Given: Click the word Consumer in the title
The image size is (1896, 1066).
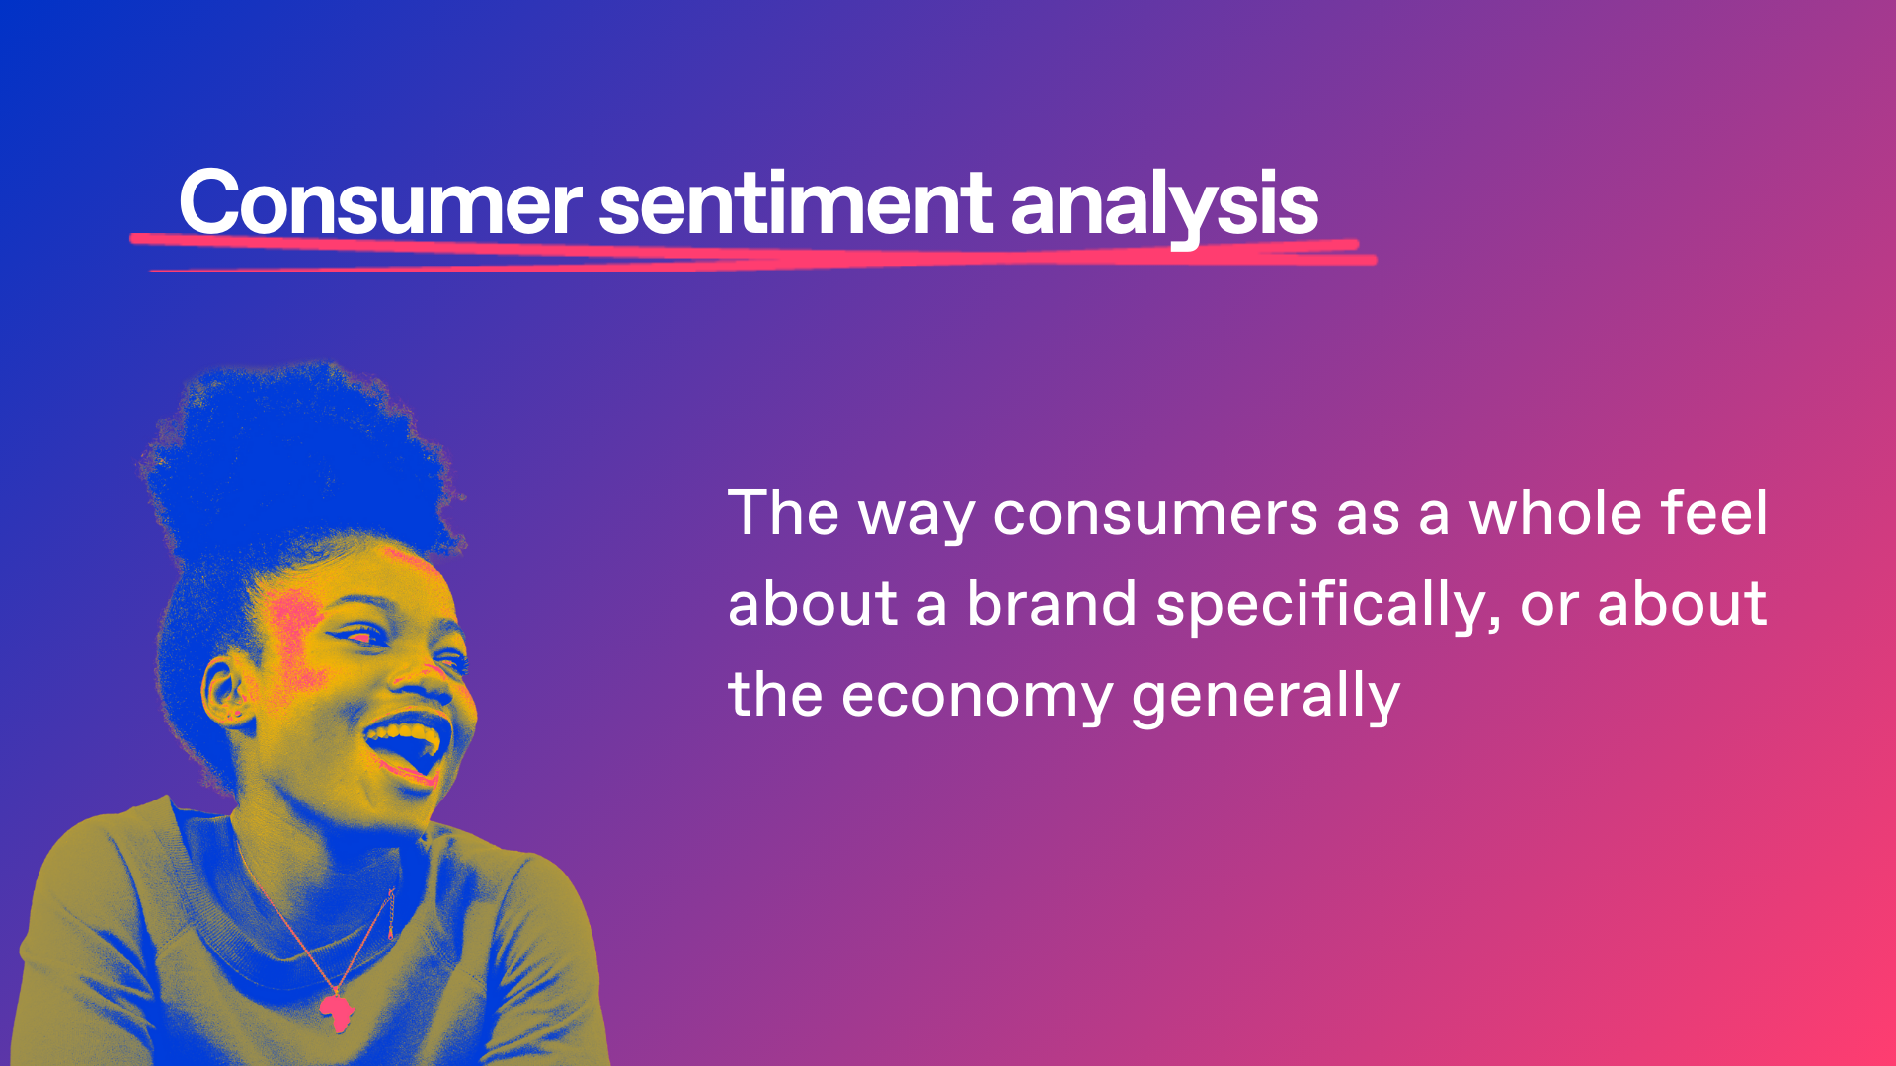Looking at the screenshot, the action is pos(380,203).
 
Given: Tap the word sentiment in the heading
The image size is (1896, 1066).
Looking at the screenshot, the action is pos(796,203).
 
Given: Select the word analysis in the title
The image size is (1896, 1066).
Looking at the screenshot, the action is pos(1164,207).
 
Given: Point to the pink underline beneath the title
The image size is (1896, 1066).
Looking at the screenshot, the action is pos(753,254).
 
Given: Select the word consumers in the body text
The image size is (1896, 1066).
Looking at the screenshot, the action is pos(1155,515).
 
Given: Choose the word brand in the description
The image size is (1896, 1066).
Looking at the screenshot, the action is pos(1052,603).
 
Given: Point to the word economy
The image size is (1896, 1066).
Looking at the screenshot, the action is pos(978,699).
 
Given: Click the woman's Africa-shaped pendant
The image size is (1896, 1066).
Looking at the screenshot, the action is pos(337,1012).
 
